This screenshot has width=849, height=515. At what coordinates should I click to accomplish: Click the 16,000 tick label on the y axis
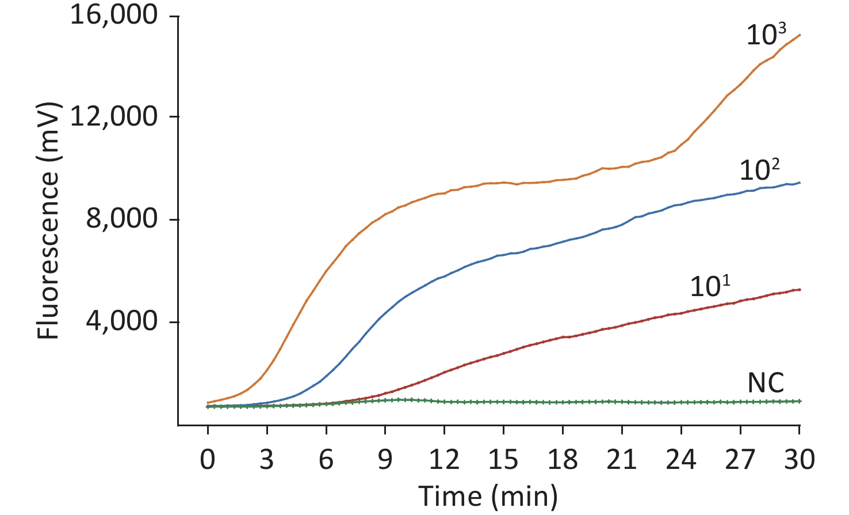click(114, 15)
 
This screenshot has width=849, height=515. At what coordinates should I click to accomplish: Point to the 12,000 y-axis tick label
click(114, 116)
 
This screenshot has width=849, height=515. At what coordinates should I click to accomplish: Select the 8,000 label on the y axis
click(121, 219)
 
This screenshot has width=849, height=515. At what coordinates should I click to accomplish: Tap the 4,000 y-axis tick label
click(121, 321)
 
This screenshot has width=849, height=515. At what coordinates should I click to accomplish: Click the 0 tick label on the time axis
click(208, 460)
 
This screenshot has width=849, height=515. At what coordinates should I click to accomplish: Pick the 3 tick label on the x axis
click(267, 460)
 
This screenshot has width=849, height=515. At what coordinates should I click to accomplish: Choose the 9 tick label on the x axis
click(385, 460)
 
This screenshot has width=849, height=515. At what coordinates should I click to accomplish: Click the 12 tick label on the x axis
click(444, 460)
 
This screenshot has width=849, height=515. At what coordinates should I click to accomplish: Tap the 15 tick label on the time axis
click(503, 460)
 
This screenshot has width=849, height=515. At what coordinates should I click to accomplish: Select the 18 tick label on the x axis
click(563, 460)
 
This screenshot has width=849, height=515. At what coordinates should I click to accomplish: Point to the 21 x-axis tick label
click(622, 460)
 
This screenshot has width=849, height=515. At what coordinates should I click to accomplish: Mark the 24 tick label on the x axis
click(681, 460)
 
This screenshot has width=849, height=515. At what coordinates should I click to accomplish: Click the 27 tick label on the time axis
click(740, 460)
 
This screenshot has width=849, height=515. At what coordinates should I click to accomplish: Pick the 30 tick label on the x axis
click(800, 460)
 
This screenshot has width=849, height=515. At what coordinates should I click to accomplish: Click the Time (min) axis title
click(488, 496)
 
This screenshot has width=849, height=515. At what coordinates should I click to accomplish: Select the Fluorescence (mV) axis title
click(48, 220)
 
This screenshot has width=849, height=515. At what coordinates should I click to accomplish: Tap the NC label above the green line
click(766, 383)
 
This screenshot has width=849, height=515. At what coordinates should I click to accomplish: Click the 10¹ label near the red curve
click(710, 286)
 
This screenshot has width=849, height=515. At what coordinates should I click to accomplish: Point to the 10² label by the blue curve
click(759, 170)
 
